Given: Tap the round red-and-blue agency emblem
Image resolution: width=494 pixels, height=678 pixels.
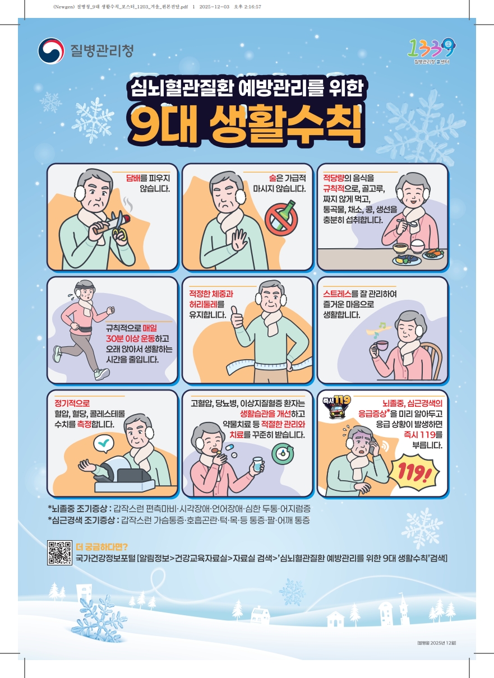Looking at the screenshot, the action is coord(51,51).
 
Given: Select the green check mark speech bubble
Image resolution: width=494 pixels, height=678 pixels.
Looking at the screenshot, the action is coord(104,443).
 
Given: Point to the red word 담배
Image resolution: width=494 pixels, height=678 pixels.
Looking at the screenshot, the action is coord(133,178).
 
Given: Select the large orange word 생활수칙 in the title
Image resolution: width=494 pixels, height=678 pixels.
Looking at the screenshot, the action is coord(285,125).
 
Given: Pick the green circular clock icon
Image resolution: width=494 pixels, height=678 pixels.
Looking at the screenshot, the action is coord(282,453).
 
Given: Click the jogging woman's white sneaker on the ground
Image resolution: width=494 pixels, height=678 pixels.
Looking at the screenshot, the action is coord(101,374).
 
